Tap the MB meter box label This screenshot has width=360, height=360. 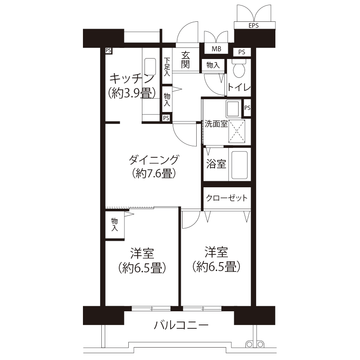216,49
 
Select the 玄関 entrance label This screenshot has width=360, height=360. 185,59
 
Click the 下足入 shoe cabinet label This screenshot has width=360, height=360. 167,67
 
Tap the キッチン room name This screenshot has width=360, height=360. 131,78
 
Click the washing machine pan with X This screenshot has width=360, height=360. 238,131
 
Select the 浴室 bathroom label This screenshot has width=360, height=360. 216,164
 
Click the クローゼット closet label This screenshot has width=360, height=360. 226,198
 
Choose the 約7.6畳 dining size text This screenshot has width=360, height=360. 153,174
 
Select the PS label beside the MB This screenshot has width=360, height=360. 242,52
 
